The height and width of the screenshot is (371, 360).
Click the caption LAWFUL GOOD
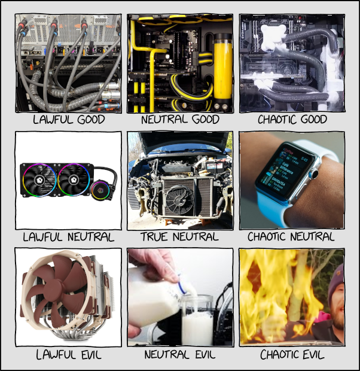tap(69, 120)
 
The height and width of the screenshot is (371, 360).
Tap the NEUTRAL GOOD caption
tap(180, 120)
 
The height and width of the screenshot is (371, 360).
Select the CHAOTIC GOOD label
tap(292, 120)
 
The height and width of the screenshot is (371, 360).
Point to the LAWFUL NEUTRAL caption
tap(69, 237)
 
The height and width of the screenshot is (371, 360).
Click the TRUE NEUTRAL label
tap(179, 237)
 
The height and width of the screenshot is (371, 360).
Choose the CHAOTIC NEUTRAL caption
tap(291, 237)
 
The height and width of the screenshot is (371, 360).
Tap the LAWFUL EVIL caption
tap(69, 355)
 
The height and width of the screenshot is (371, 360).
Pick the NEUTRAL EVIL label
tap(180, 355)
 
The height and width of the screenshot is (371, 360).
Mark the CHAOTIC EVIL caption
tap(292, 355)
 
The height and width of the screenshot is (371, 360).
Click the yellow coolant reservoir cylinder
tap(222, 71)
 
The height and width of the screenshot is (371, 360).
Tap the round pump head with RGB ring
tap(100, 190)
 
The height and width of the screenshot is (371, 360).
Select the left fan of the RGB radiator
tap(39, 180)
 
